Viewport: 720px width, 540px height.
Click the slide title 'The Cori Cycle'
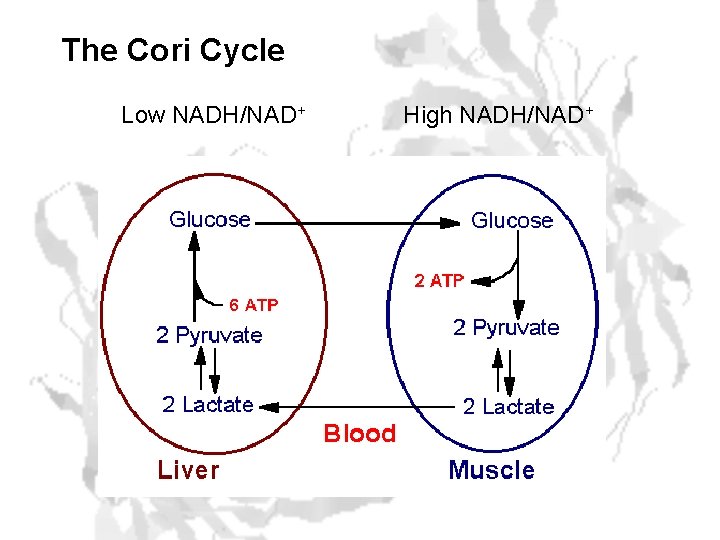(x=172, y=50)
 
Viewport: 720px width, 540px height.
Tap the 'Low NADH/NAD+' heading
(x=212, y=116)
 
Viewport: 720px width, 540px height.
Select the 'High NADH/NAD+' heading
(x=497, y=116)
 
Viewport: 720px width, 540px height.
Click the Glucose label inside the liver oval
(x=210, y=219)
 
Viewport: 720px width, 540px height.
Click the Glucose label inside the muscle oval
(x=511, y=221)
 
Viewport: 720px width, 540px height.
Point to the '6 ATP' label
(x=254, y=304)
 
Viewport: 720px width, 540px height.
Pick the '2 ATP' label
(x=439, y=282)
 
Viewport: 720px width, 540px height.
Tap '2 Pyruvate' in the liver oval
(x=209, y=336)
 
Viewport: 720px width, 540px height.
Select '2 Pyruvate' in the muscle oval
(x=506, y=328)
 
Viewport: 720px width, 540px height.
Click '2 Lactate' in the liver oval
(x=208, y=405)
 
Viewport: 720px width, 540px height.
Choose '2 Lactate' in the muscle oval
(x=508, y=407)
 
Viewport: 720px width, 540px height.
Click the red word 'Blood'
(x=359, y=434)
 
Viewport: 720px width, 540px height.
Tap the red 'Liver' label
(x=187, y=470)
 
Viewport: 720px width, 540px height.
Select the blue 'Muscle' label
(x=491, y=470)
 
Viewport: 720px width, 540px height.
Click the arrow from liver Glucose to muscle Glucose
(x=360, y=224)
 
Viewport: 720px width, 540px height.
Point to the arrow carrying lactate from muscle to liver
(x=360, y=406)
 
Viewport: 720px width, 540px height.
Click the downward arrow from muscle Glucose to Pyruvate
(x=519, y=285)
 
